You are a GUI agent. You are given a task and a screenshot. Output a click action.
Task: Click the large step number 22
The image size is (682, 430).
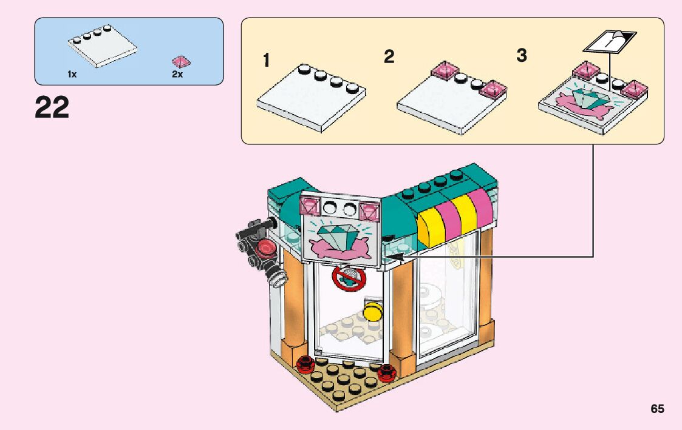[x=52, y=109]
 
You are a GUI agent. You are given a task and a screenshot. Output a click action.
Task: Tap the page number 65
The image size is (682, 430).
[x=657, y=409]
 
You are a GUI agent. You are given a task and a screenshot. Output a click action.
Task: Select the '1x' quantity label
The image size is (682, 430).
[x=72, y=74]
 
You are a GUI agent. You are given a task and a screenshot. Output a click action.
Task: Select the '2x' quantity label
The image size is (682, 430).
[x=177, y=74]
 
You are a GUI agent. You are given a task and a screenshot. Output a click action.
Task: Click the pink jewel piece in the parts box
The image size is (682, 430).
[x=181, y=61]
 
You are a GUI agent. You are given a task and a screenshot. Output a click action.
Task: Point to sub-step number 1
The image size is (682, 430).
[x=266, y=60]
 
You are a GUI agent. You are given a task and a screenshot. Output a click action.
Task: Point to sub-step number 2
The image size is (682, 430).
[x=389, y=56]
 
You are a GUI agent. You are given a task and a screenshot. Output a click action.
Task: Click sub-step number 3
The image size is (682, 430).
[x=522, y=56]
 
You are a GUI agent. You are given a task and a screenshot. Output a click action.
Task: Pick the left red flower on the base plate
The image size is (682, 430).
[x=304, y=364]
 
